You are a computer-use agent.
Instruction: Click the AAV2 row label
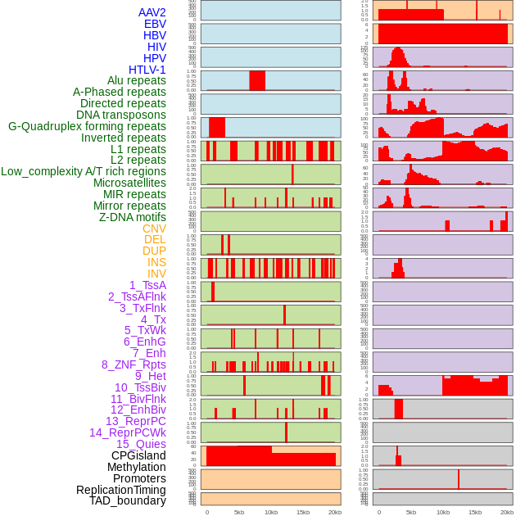tap(152, 13)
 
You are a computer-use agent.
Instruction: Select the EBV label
tap(155, 25)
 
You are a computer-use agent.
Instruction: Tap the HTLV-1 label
tap(147, 70)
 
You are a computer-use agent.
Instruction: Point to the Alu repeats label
tap(137, 80)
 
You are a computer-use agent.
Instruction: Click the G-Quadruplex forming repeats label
tap(87, 126)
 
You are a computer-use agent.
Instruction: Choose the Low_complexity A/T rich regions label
tap(84, 171)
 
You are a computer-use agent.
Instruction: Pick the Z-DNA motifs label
tap(133, 217)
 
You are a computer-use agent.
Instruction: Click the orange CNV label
tap(154, 229)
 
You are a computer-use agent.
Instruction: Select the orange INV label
tap(156, 274)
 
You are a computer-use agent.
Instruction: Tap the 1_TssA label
tap(147, 285)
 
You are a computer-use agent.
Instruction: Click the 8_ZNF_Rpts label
tap(134, 364)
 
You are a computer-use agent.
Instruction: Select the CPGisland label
tap(138, 455)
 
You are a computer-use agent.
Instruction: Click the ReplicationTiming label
tap(121, 490)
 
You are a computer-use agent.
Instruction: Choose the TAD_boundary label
tap(128, 500)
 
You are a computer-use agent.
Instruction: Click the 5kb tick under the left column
tap(239, 512)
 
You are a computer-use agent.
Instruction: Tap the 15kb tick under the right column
tap(475, 512)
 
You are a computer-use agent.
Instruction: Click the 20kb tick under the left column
tap(335, 512)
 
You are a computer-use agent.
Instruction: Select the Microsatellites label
tap(129, 183)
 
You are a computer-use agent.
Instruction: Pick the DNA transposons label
tap(121, 115)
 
